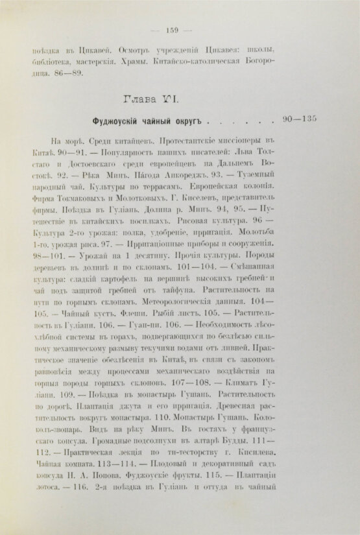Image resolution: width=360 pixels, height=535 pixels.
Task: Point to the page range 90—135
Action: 309,119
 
